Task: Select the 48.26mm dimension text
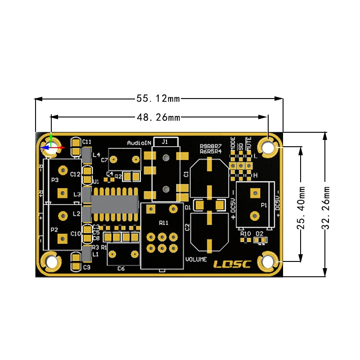158,117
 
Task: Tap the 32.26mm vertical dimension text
325,205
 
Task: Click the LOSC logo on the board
232,265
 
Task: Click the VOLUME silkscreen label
196,260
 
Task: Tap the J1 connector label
165,141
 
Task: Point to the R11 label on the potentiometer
163,223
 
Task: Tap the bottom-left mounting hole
51,262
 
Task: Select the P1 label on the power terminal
264,205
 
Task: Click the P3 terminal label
55,180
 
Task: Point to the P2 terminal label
54,229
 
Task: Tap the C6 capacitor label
121,269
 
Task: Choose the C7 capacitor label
104,160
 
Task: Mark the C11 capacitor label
87,142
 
